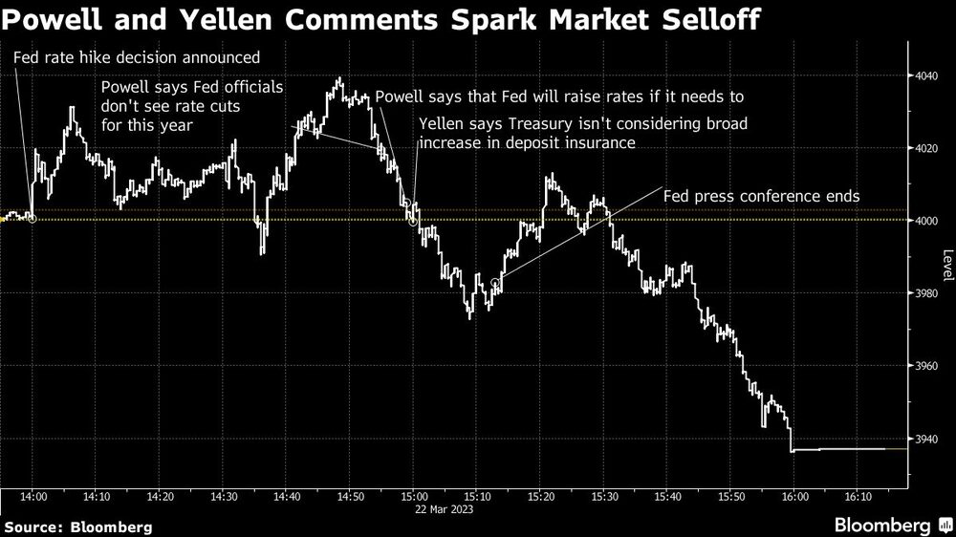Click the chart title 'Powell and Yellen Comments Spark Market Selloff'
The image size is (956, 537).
tap(382, 19)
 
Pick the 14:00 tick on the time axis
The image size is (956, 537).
tap(33, 497)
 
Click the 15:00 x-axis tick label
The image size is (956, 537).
tap(413, 497)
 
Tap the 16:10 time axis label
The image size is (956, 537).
tap(858, 497)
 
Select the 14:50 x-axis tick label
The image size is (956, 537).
tap(350, 497)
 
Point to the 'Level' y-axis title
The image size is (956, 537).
tap(946, 266)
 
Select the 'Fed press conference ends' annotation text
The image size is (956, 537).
tap(762, 196)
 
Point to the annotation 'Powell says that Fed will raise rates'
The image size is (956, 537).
tap(559, 97)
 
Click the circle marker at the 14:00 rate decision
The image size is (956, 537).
tap(33, 219)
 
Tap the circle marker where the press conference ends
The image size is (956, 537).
tap(494, 282)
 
